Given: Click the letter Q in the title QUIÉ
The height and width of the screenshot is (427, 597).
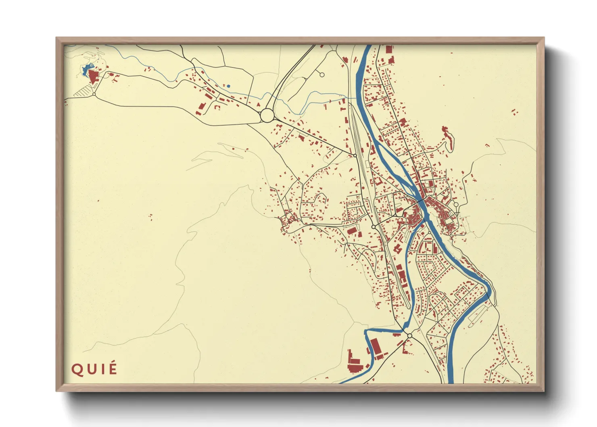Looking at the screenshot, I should (76, 370).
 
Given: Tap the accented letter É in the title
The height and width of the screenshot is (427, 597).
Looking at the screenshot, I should (113, 368).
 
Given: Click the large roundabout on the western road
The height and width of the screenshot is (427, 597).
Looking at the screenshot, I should (267, 115).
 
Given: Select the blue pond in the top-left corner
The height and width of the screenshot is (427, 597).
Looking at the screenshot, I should (86, 70).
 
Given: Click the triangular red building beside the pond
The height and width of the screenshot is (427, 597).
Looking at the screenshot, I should (94, 76).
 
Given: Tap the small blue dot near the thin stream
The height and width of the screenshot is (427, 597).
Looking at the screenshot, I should (228, 86).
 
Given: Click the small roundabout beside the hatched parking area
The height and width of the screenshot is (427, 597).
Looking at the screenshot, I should (94, 94).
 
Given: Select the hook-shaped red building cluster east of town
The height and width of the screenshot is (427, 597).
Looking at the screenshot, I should (447, 137).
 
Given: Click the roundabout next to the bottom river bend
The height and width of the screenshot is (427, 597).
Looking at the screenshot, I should (409, 336).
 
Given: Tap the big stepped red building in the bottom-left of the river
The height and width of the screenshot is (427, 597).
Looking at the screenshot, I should (353, 362).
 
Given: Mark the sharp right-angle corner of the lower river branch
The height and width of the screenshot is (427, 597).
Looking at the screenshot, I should (366, 331).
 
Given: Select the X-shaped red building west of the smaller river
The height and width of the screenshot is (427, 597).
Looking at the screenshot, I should (397, 249).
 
